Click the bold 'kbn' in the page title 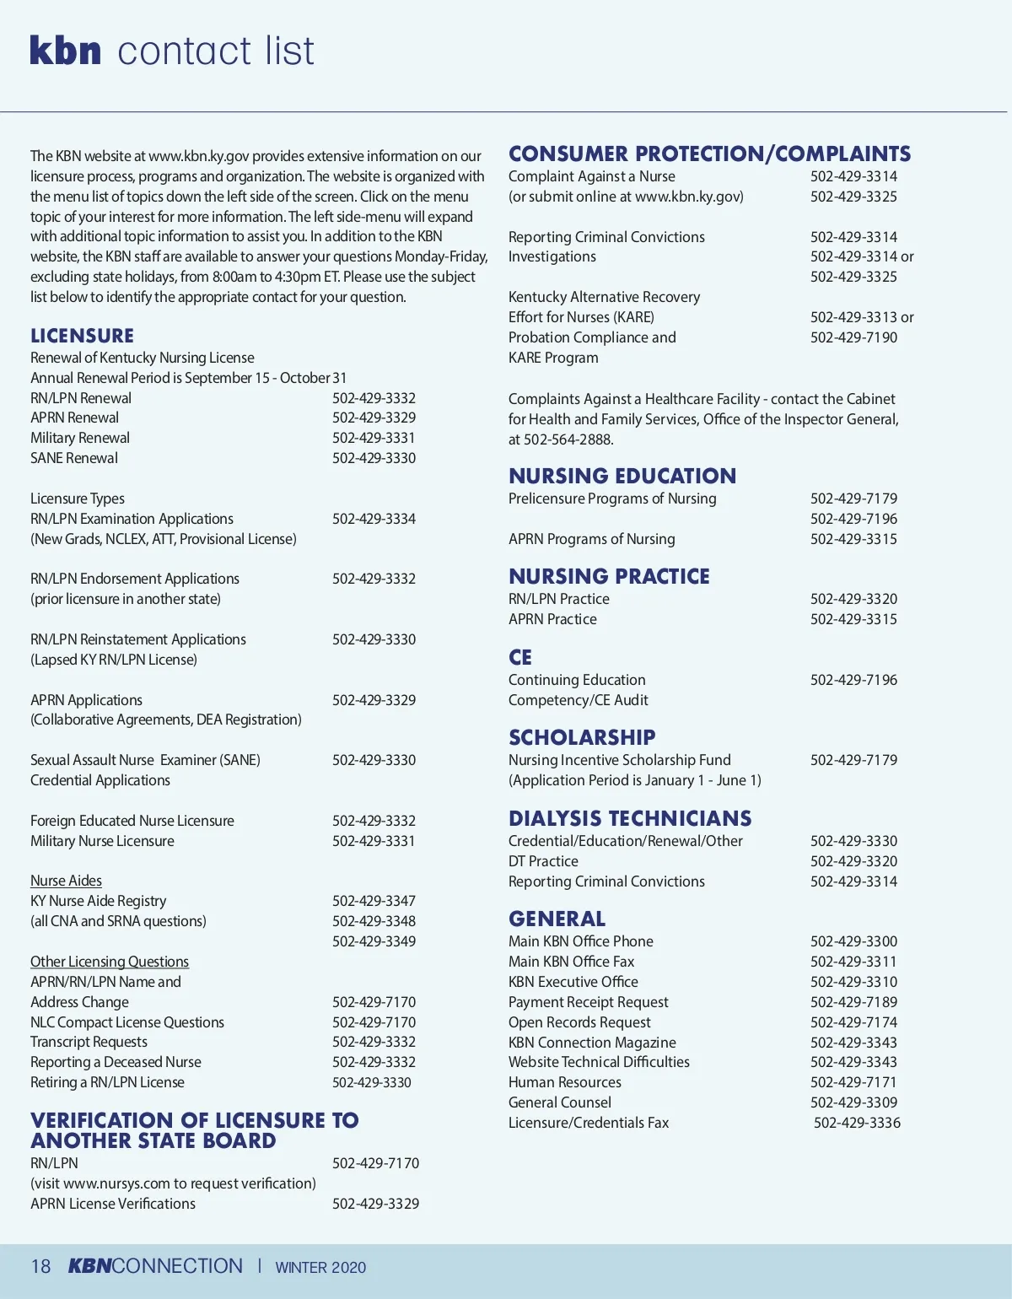click(x=66, y=51)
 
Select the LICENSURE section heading click(x=82, y=336)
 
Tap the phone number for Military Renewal click(x=374, y=438)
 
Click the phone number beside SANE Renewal click(x=374, y=458)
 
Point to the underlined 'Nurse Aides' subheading click(x=66, y=881)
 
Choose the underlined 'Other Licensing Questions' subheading click(x=110, y=962)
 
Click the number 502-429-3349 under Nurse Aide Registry click(x=374, y=941)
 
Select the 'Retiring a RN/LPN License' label click(x=107, y=1082)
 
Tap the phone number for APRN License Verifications click(x=375, y=1204)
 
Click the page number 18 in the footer click(x=40, y=1267)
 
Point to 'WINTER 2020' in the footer click(x=320, y=1268)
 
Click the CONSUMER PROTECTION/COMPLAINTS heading click(x=709, y=154)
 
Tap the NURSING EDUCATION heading click(x=622, y=477)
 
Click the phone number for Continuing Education click(x=853, y=680)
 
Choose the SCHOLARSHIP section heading click(x=582, y=738)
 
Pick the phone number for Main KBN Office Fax click(x=853, y=962)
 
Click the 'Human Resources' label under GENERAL click(x=564, y=1082)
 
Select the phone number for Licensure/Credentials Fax click(x=857, y=1123)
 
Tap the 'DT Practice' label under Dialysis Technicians click(x=543, y=861)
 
